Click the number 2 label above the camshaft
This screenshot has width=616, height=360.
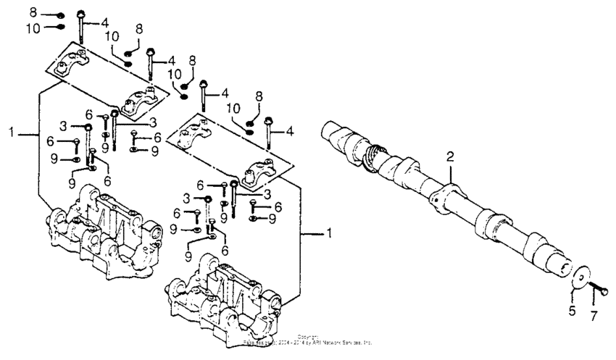449,157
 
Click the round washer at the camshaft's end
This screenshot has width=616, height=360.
578,280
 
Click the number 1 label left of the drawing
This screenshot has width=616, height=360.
11,133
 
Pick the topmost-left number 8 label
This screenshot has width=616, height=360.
33,13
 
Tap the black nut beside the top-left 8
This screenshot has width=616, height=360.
59,14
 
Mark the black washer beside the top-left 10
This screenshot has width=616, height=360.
59,28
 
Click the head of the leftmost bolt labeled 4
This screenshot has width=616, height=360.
80,14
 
